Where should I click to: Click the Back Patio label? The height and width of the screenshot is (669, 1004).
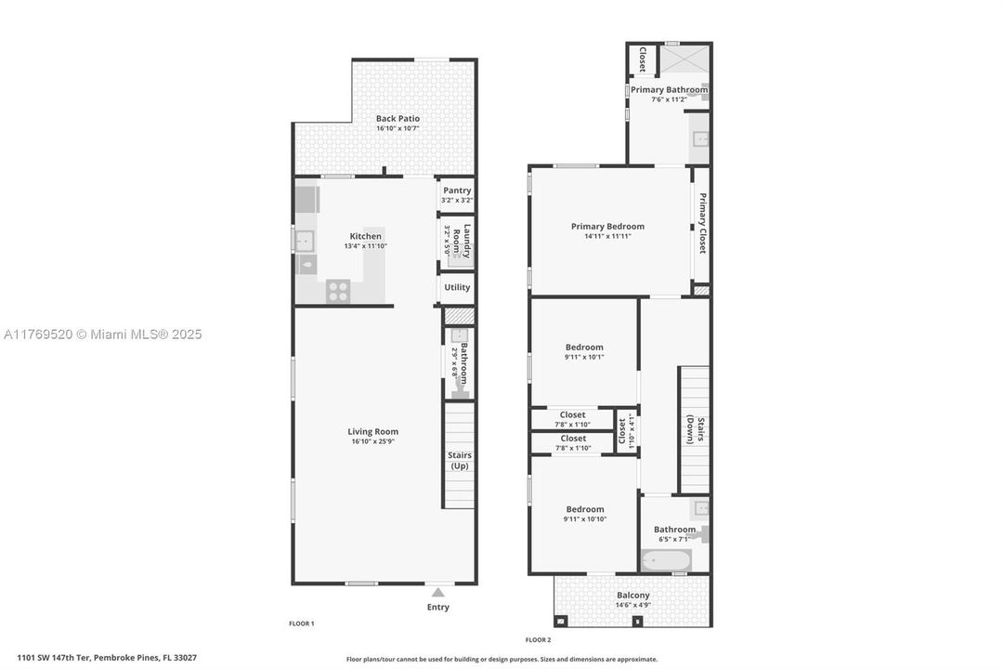point(398,119)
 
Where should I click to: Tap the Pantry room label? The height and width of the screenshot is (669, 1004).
point(457,190)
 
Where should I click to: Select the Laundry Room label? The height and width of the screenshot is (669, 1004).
point(467,241)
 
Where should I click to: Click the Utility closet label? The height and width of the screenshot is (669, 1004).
point(457,287)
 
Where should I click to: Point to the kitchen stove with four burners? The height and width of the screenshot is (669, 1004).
point(338,291)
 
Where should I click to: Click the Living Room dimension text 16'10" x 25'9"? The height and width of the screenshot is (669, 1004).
point(372,442)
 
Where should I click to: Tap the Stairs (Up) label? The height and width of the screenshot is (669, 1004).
point(460,460)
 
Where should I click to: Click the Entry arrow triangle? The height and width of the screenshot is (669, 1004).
point(437,591)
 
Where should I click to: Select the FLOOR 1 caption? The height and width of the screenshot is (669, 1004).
point(302,623)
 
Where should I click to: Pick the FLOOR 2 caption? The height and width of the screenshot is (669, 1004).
point(538,640)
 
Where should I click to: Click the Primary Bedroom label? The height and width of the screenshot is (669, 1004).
point(607,227)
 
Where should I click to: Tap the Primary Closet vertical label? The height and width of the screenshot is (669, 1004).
point(702,223)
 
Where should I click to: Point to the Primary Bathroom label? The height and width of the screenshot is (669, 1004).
point(669,90)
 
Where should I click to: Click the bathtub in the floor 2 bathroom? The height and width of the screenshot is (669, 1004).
point(666,560)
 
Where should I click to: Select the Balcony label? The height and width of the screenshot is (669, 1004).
point(633,596)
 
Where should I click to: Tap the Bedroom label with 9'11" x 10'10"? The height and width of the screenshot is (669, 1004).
point(585,509)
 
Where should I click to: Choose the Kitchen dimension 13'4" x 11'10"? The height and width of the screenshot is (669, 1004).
point(365,246)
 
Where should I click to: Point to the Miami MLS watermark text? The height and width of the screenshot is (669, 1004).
point(102,334)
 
